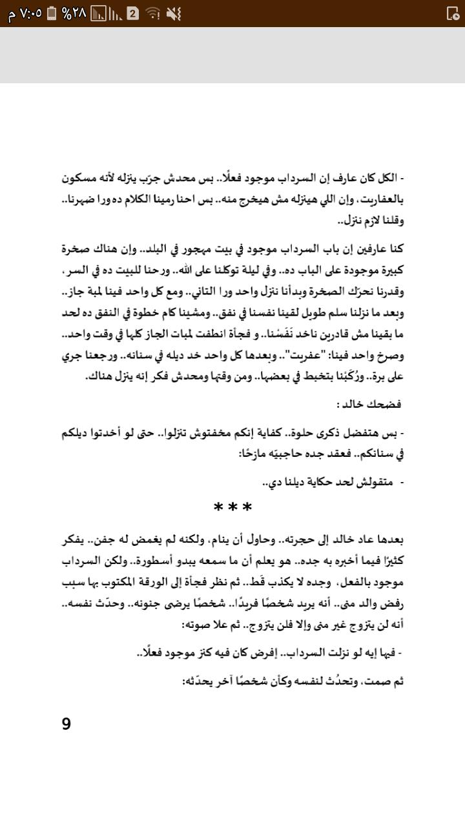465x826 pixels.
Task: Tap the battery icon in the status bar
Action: (52, 14)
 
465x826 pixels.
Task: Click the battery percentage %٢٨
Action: (74, 14)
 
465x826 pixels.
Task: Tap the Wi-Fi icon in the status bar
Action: (153, 14)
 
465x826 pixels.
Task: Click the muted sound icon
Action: (174, 14)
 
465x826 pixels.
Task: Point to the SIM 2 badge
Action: (133, 14)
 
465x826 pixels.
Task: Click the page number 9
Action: (67, 724)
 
